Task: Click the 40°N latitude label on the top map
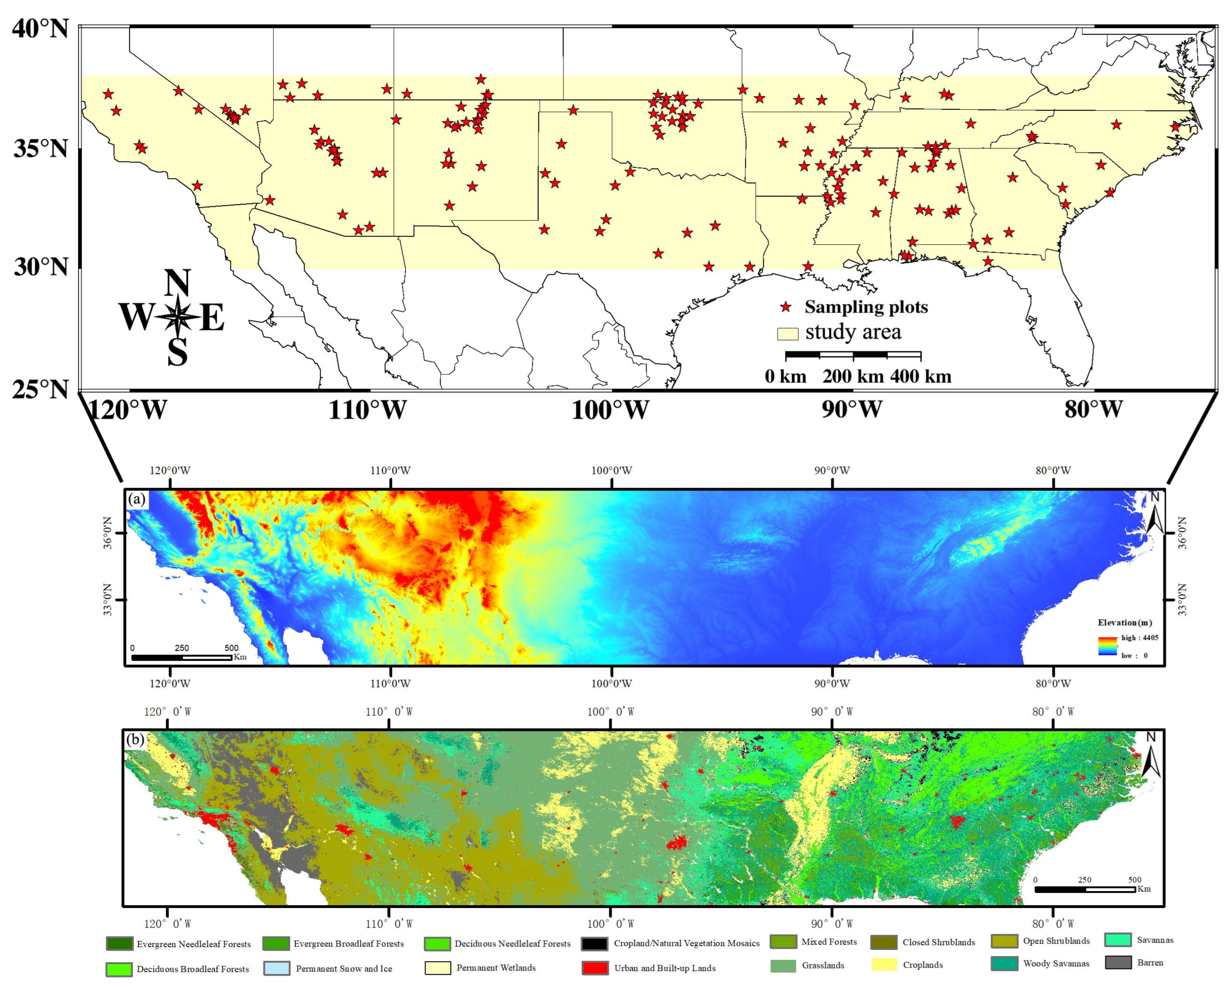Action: point(40,28)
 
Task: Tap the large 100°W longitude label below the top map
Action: point(610,410)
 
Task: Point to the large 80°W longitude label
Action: point(1093,409)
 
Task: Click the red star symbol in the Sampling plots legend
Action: point(786,307)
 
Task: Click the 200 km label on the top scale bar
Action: point(853,376)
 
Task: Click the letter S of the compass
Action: point(178,353)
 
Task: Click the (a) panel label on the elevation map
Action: point(137,500)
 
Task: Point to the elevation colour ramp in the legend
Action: point(1107,647)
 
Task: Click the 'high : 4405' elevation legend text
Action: point(1140,637)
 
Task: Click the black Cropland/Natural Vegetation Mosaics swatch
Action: point(594,944)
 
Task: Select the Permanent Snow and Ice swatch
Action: point(277,968)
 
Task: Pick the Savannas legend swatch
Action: point(1117,940)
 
